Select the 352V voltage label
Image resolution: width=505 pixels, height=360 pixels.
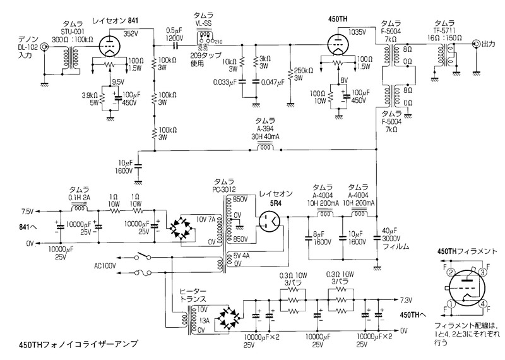(x=131, y=33)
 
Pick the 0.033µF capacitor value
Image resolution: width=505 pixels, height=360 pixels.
(x=225, y=82)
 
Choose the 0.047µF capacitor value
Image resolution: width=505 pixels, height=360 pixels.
(x=273, y=82)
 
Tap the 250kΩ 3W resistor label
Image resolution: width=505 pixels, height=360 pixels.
(x=304, y=73)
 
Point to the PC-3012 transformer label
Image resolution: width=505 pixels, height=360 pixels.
(x=225, y=188)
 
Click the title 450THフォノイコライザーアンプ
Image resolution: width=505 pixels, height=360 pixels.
(x=69, y=345)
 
